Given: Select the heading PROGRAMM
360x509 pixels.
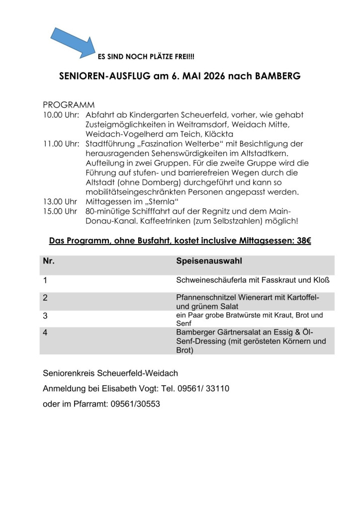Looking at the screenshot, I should (x=69, y=105).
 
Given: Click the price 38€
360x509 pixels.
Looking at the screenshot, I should (x=302, y=241).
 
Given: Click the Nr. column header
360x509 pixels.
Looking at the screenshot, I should (x=49, y=261).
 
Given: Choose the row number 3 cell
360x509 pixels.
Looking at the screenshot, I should (x=46, y=316).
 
